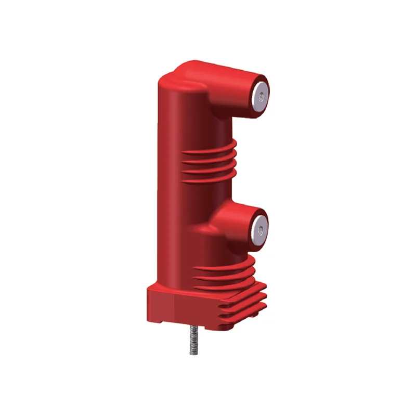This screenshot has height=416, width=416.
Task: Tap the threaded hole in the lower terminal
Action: coord(259,227)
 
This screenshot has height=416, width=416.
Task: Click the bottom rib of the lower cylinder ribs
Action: coord(229,284)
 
